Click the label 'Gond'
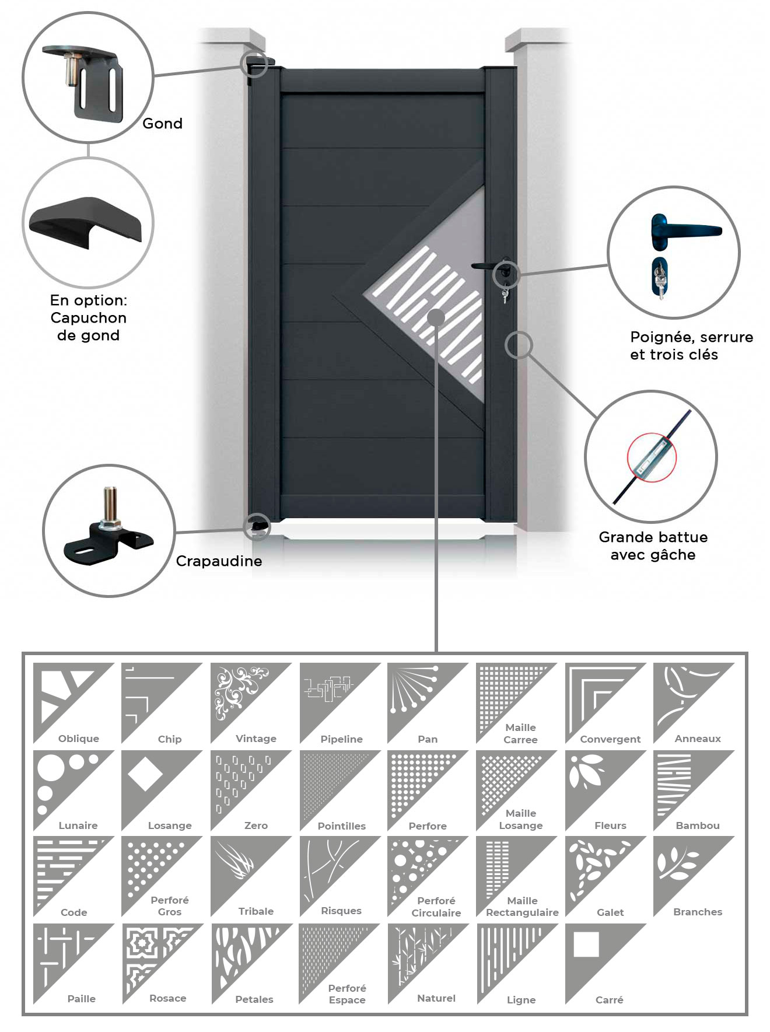click(162, 124)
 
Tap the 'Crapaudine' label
click(219, 561)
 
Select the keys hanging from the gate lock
click(504, 295)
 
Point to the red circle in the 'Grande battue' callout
click(652, 457)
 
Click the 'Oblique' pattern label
click(79, 739)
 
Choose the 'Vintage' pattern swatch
click(251, 703)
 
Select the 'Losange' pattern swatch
click(162, 790)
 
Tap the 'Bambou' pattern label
click(698, 825)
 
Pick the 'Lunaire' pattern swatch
click(73, 790)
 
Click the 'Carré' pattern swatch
click(605, 964)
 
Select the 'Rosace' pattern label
click(168, 998)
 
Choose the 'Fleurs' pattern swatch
click(605, 790)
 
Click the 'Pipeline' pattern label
click(342, 739)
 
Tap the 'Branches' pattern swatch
click(694, 876)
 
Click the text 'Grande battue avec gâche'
click(653, 546)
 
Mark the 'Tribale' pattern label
click(256, 911)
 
